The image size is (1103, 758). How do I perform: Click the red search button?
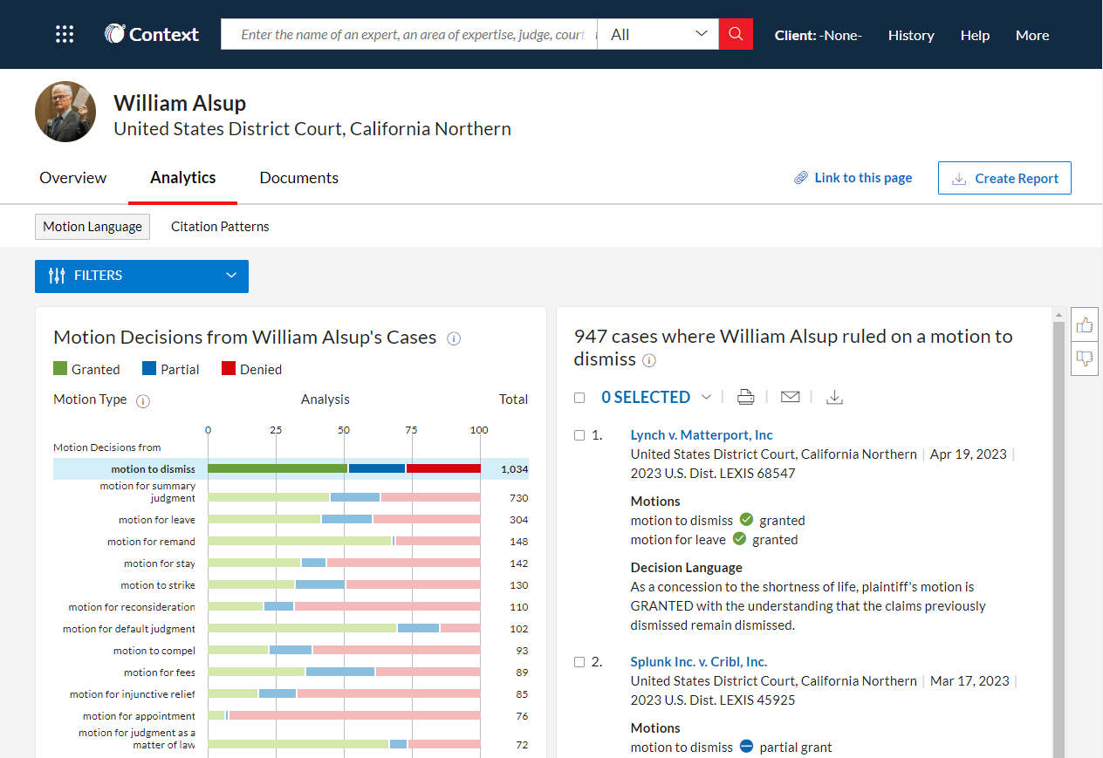[x=736, y=34]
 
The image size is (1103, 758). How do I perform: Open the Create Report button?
[x=1004, y=178]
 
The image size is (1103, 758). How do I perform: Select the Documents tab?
[x=298, y=178]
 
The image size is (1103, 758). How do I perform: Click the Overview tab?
[x=73, y=178]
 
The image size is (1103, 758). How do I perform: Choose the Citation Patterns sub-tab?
[x=220, y=227]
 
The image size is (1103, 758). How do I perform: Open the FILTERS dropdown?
[x=141, y=276]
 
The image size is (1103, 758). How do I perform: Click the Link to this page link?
[x=853, y=178]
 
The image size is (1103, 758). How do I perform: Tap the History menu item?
[x=911, y=35]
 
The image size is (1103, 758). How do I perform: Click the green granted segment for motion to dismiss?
[x=277, y=468]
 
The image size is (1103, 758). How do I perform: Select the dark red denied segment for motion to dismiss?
[x=443, y=468]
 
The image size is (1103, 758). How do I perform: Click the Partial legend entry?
[x=171, y=370]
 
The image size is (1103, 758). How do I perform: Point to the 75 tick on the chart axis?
[x=411, y=430]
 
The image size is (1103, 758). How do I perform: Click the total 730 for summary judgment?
[x=518, y=498]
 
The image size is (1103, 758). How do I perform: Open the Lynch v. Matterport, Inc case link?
[x=702, y=435]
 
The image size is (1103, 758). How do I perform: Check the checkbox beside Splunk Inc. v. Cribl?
[x=579, y=662]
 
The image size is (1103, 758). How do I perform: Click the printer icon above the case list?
[x=745, y=398]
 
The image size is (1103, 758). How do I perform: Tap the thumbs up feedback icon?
[x=1085, y=325]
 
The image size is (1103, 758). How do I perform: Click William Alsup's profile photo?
[x=65, y=112]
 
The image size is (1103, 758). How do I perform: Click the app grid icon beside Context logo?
[x=65, y=35]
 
